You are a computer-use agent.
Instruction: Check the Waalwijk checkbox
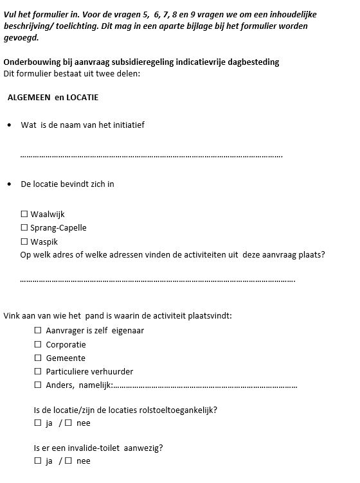[24, 214]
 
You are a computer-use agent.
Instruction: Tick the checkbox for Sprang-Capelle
[24, 227]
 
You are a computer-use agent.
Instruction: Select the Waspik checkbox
[24, 241]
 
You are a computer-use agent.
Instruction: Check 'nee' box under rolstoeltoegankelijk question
[68, 423]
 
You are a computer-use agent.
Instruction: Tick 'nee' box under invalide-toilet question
[68, 461]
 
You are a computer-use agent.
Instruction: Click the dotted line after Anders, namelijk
[206, 386]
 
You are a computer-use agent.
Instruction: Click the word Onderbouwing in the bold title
[30, 62]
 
